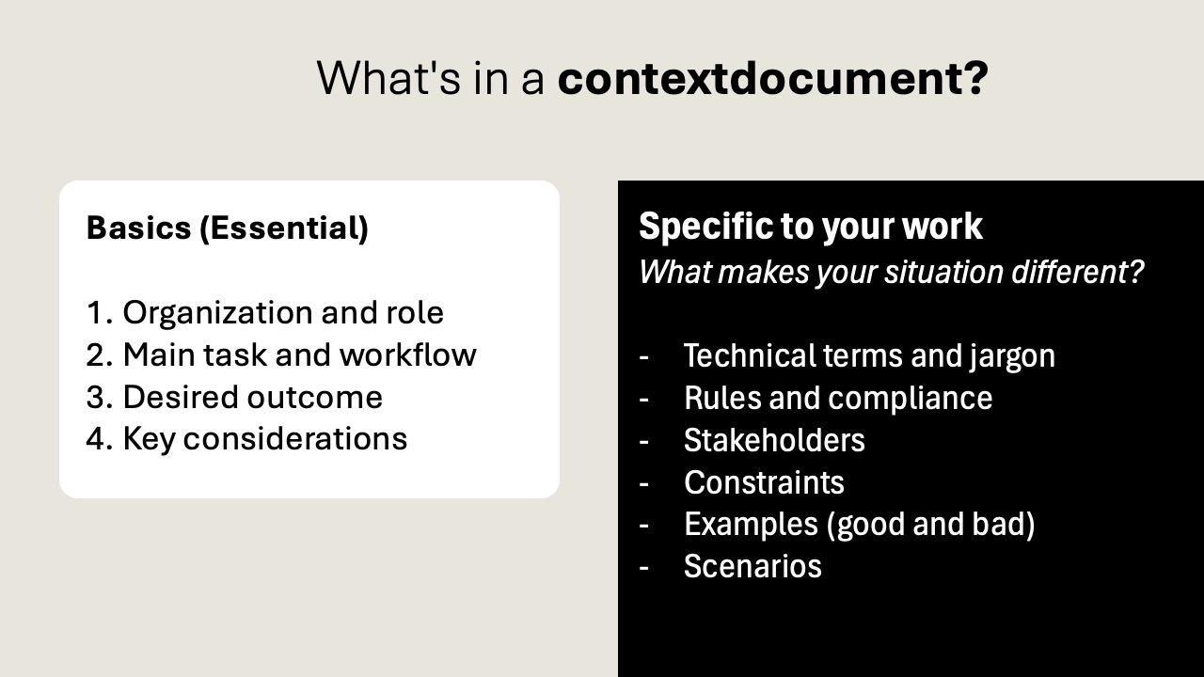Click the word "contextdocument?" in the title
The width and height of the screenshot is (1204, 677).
[772, 78]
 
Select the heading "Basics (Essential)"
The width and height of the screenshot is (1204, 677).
[227, 228]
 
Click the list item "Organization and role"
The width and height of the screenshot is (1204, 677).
[283, 312]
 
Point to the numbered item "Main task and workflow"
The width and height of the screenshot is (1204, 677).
[299, 354]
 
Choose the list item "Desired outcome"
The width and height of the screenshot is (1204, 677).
[252, 397]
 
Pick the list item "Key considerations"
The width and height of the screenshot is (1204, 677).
[264, 439]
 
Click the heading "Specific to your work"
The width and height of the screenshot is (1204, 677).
[811, 227]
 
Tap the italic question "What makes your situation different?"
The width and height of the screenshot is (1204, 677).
[891, 273]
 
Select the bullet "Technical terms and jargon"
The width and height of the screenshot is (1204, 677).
[869, 356]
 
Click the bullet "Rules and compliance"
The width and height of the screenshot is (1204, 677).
[838, 399]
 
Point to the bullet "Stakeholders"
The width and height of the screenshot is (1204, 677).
[774, 440]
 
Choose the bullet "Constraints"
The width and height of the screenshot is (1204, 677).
[764, 482]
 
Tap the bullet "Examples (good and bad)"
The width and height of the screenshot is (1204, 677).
[859, 525]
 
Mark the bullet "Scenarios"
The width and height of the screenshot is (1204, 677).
[752, 566]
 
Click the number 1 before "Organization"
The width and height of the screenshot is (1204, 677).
[95, 313]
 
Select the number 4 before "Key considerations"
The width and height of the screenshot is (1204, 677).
[95, 439]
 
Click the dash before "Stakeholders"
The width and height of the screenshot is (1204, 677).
[644, 440]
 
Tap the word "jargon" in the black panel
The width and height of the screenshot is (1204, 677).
[1011, 357]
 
